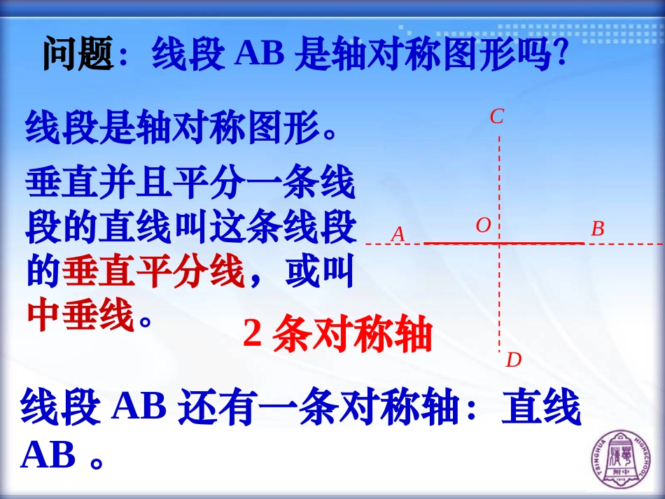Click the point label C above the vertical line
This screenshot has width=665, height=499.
tap(497, 117)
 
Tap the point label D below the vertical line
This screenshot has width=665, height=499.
tap(514, 360)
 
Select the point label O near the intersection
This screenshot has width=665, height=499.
tap(483, 225)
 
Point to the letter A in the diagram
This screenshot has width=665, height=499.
tap(398, 234)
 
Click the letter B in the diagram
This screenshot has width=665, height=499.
tap(597, 229)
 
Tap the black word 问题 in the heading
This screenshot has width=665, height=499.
tap(77, 55)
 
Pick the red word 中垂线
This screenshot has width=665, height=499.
tap(80, 316)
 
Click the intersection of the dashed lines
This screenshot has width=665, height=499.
tap(499, 244)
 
